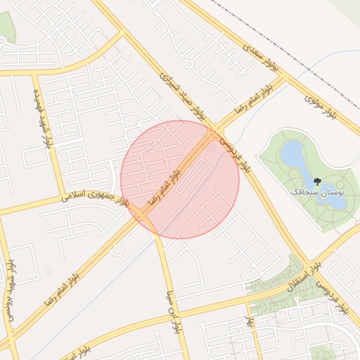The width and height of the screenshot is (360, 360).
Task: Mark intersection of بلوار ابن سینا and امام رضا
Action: [x=152, y=224]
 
